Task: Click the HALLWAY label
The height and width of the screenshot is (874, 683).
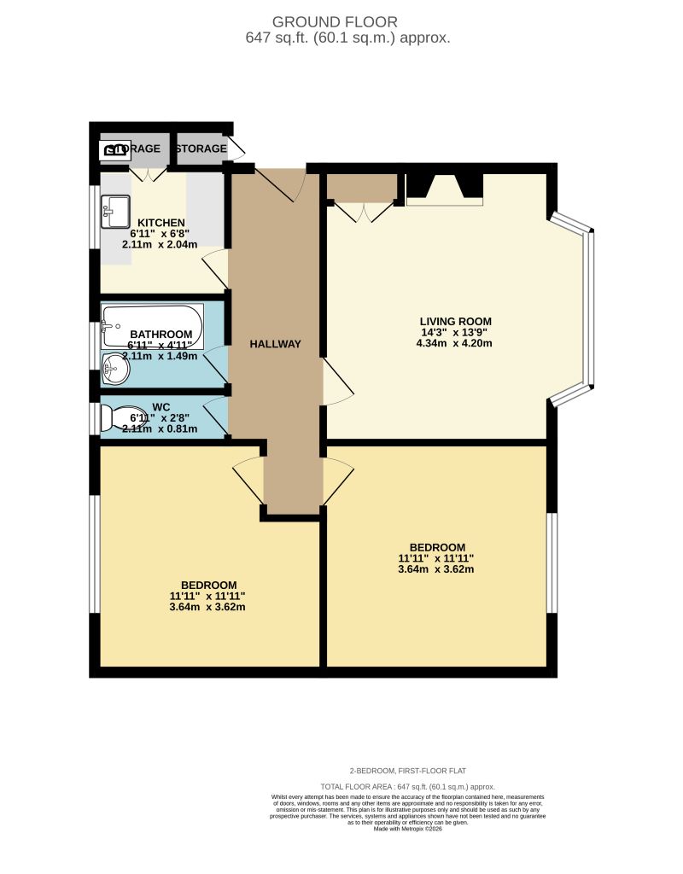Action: coord(275,344)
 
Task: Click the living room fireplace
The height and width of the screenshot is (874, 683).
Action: coord(444,188)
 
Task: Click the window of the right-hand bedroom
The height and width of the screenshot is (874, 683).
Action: coord(552,562)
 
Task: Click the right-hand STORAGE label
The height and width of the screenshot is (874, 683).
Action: coord(201,149)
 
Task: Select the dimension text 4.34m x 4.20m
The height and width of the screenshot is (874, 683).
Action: coord(453,343)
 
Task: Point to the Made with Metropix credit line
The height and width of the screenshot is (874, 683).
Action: coord(407,828)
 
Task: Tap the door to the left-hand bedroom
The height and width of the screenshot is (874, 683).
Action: coord(249,481)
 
